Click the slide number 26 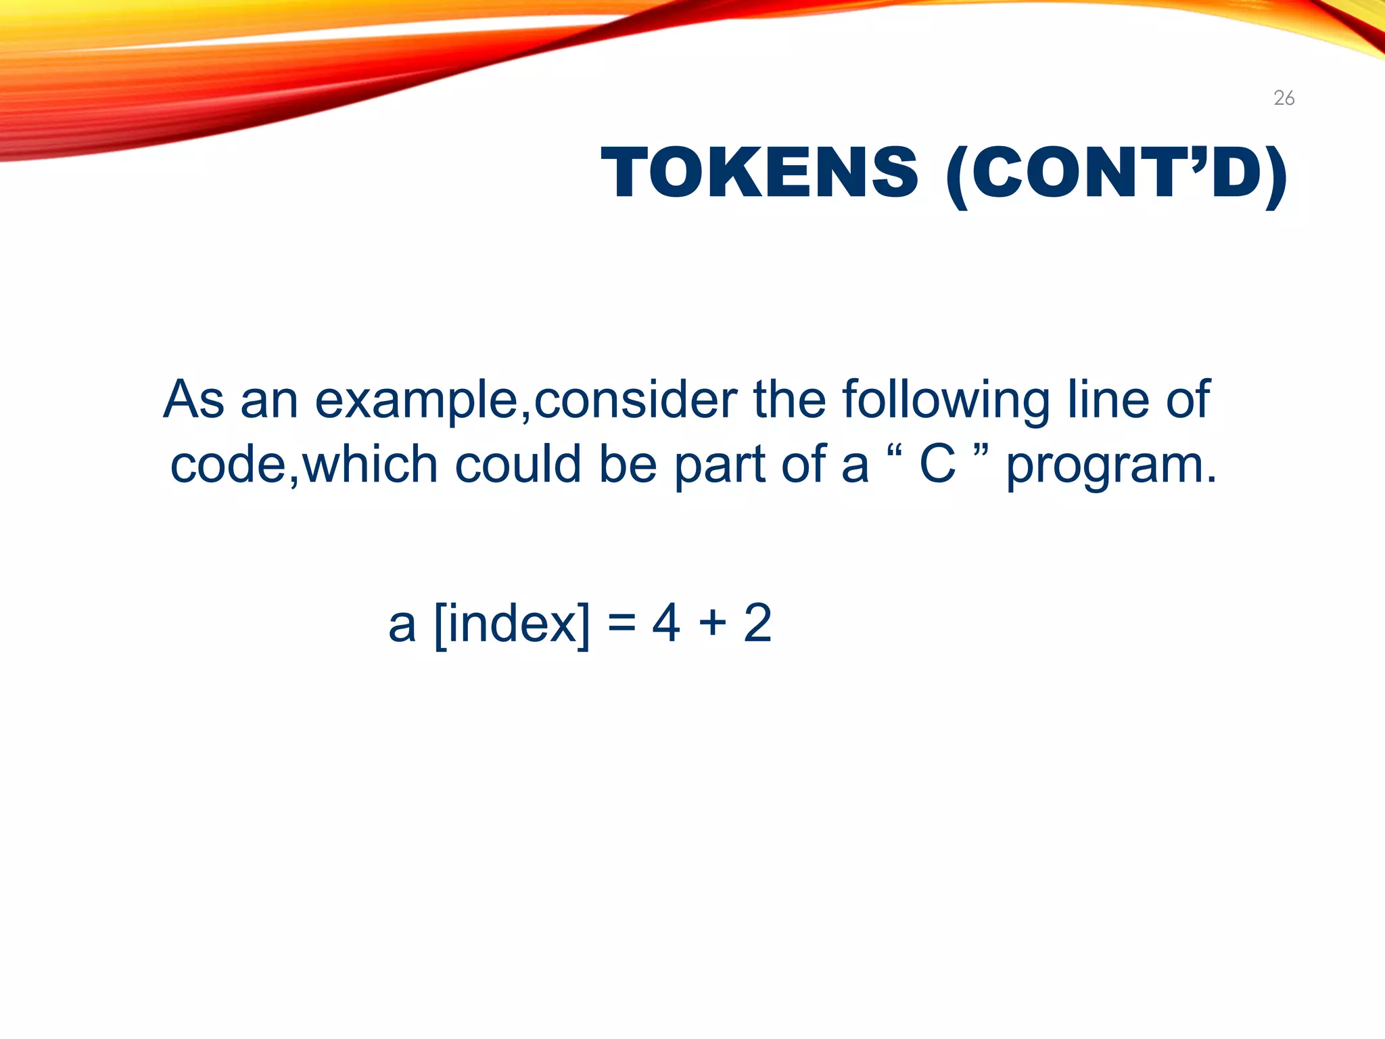coord(1284,99)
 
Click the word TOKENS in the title coord(759,173)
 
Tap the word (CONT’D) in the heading coord(1117,175)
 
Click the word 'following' coord(946,400)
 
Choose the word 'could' coord(518,465)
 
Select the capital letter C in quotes coord(937,465)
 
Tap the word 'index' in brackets coord(512,623)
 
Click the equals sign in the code coord(621,623)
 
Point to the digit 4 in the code coord(665,623)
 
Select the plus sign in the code coord(712,623)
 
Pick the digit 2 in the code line coord(757,623)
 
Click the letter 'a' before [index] coord(402,624)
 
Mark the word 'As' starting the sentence coord(193,400)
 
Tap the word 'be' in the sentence coord(628,465)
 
